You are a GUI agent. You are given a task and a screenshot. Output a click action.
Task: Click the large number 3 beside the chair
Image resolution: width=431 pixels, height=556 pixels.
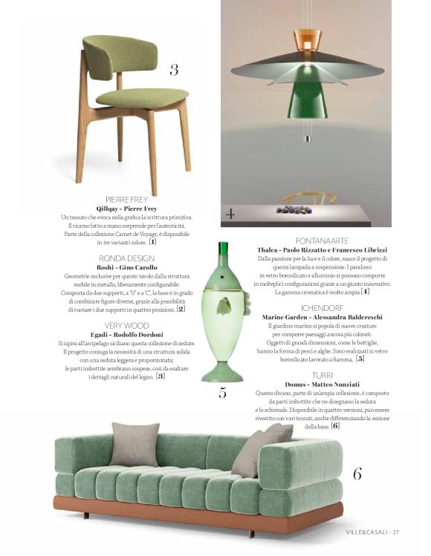point(174,70)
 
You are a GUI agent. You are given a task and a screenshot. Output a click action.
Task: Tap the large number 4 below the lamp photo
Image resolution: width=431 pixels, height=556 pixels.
point(230,214)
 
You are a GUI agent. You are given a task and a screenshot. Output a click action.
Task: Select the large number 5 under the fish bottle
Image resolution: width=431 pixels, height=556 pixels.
point(222,393)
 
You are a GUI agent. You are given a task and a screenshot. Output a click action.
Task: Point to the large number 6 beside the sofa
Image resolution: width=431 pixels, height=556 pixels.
point(357,473)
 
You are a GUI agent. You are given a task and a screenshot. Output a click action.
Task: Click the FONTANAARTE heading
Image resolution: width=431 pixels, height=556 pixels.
point(322,241)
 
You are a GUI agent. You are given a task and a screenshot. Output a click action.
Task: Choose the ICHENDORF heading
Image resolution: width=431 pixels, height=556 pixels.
point(322,307)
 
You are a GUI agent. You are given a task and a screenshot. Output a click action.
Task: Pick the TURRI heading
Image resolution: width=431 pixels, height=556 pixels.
point(322,376)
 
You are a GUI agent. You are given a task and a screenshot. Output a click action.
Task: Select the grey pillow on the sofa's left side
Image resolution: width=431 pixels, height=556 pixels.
point(135,444)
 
